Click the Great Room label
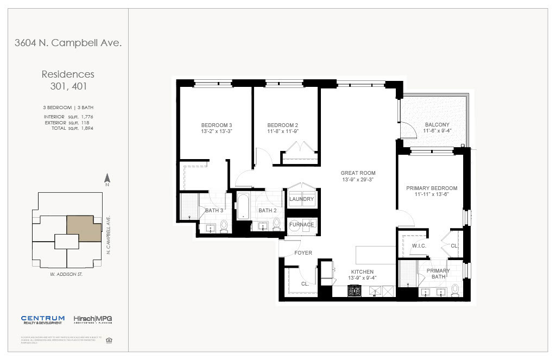pos(358,173)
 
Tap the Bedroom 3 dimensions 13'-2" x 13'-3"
pos(216,131)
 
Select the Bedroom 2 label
pos(282,125)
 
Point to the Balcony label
pos(437,124)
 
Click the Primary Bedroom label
pos(432,188)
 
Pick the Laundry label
pos(301,199)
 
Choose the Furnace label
pos(301,225)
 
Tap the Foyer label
pos(303,253)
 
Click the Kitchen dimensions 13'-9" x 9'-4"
pos(362,278)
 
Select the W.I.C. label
pos(418,245)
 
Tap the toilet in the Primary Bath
pos(455,290)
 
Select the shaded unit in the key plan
pos(84,227)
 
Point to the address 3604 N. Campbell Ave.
pos(68,43)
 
